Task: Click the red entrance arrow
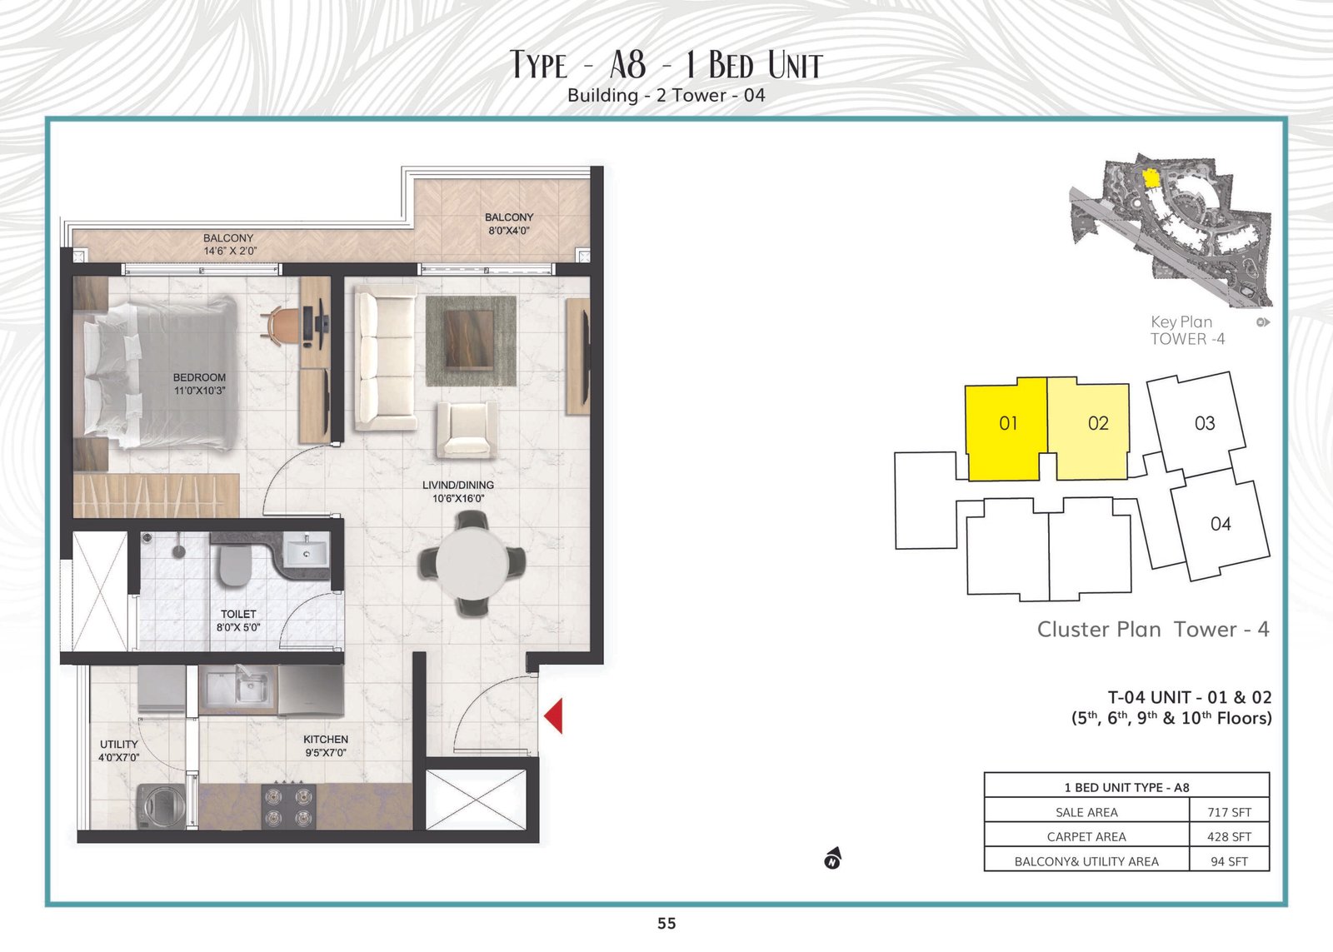pyautogui.click(x=554, y=715)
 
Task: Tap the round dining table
pyautogui.click(x=472, y=564)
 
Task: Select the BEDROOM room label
pyautogui.click(x=199, y=377)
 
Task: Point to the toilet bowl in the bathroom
pyautogui.click(x=235, y=566)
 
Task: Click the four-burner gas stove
pyautogui.click(x=289, y=805)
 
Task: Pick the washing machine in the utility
pyautogui.click(x=162, y=806)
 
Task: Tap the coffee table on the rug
pyautogui.click(x=470, y=340)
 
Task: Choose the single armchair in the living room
pyautogui.click(x=467, y=429)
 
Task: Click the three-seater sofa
pyautogui.click(x=386, y=357)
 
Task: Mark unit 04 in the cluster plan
pyautogui.click(x=1221, y=524)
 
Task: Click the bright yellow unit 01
pyautogui.click(x=1006, y=428)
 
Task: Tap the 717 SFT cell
pyautogui.click(x=1229, y=812)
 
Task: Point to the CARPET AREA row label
pyautogui.click(x=1086, y=836)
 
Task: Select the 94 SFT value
pyautogui.click(x=1229, y=861)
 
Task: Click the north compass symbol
pyautogui.click(x=832, y=858)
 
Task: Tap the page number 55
pyautogui.click(x=666, y=923)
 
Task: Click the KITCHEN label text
pyautogui.click(x=326, y=739)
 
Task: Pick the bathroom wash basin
pyautogui.click(x=305, y=551)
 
